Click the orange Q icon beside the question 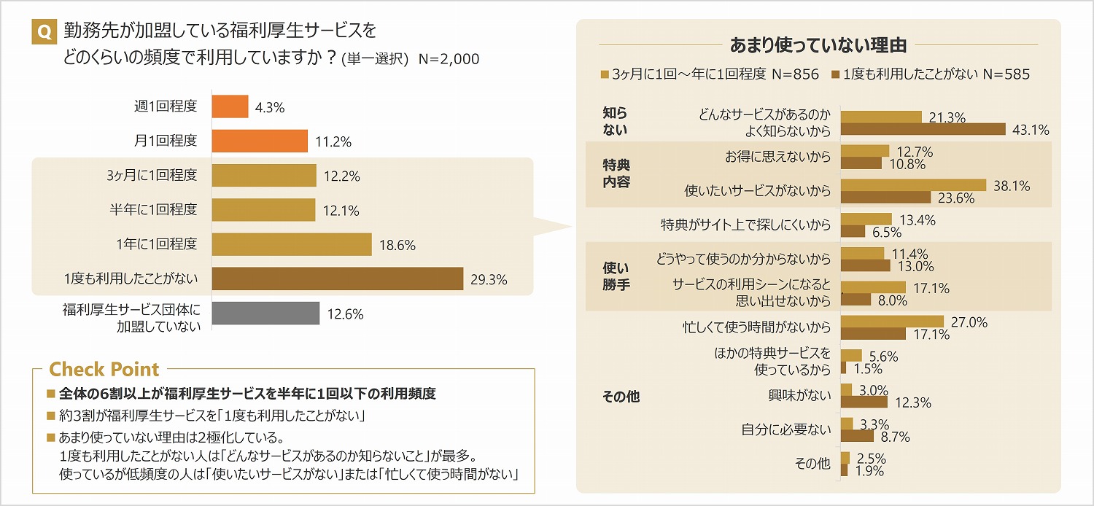coord(44,32)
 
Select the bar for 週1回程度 coord(230,106)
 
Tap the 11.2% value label coord(333,141)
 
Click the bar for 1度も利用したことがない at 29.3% coord(337,279)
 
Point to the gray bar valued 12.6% coord(265,314)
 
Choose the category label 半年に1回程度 coord(153,210)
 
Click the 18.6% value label coord(397,245)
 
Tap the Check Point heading coord(104,369)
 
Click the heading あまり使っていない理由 coord(818,45)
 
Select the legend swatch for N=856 coord(605,74)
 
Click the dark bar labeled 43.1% coord(923,130)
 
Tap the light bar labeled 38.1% coord(913,185)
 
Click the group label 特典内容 coord(616,174)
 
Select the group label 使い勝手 coord(616,277)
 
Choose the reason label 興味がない coord(799,396)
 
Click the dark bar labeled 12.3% coord(864,402)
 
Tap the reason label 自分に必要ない coord(786,429)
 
